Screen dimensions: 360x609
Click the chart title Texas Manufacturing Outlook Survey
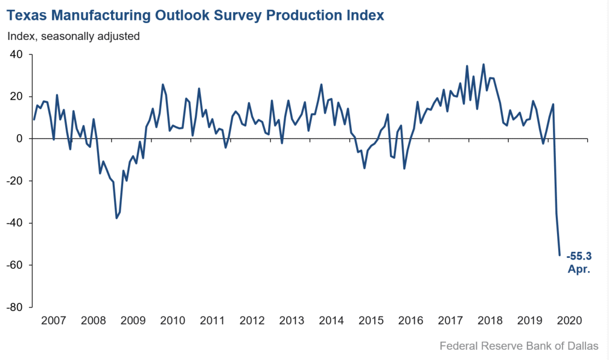(x=196, y=15)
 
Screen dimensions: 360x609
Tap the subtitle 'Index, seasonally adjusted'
(x=74, y=36)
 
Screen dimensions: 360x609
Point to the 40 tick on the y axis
(x=16, y=54)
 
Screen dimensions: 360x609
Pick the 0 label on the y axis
(x=19, y=139)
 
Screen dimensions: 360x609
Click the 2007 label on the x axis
(x=53, y=320)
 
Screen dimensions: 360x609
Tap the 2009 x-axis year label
(x=133, y=320)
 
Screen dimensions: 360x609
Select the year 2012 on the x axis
(x=252, y=320)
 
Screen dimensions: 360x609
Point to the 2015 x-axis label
(x=371, y=320)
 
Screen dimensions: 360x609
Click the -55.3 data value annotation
(x=579, y=256)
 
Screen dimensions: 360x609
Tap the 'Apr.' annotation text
(x=579, y=269)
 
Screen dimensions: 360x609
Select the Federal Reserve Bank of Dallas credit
(x=519, y=346)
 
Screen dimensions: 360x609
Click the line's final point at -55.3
(x=560, y=255)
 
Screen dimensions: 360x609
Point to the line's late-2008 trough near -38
(x=116, y=218)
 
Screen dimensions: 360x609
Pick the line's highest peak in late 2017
(x=483, y=65)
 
